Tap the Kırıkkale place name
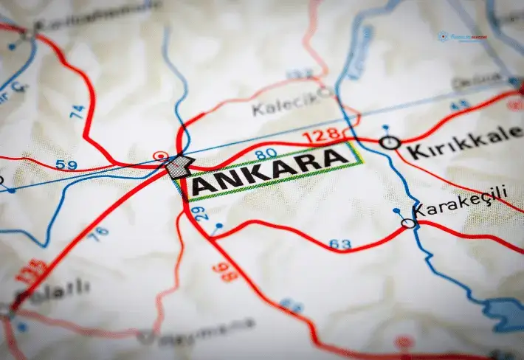click(465, 145)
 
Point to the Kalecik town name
click(283, 105)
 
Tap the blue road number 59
click(66, 165)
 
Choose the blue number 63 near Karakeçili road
click(340, 244)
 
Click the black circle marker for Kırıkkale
click(389, 142)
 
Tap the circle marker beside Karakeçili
click(407, 222)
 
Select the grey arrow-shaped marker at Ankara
click(178, 167)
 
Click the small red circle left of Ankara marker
click(157, 156)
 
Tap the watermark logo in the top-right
click(461, 36)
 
